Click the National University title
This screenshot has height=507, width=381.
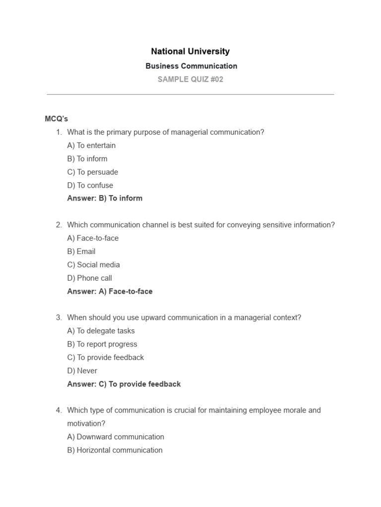pyautogui.click(x=190, y=51)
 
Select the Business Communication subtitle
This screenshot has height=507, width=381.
pyautogui.click(x=191, y=66)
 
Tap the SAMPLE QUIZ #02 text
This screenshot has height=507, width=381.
pyautogui.click(x=190, y=79)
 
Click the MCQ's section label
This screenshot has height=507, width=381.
pyautogui.click(x=56, y=119)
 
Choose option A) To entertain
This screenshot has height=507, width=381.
pyautogui.click(x=91, y=146)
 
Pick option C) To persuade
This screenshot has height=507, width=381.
pyautogui.click(x=92, y=172)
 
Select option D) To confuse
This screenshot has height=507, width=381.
pyautogui.click(x=90, y=186)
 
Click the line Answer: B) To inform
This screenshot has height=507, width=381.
pyautogui.click(x=105, y=199)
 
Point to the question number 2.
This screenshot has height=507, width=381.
pyautogui.click(x=59, y=225)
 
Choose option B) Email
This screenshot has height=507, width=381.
pyautogui.click(x=81, y=252)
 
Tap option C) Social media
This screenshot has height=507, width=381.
pyautogui.click(x=93, y=265)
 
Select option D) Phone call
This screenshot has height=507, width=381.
pyautogui.click(x=89, y=278)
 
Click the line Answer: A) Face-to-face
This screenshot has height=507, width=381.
pyautogui.click(x=110, y=292)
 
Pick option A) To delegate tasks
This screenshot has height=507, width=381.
pyautogui.click(x=101, y=331)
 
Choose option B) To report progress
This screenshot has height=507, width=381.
pyautogui.click(x=102, y=344)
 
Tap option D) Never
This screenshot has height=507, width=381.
pyautogui.click(x=82, y=371)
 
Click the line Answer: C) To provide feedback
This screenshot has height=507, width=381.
pyautogui.click(x=124, y=384)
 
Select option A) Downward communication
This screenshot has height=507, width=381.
pyautogui.click(x=116, y=437)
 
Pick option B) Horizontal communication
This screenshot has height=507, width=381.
pyautogui.click(x=115, y=450)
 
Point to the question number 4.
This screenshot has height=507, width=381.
pyautogui.click(x=59, y=410)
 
